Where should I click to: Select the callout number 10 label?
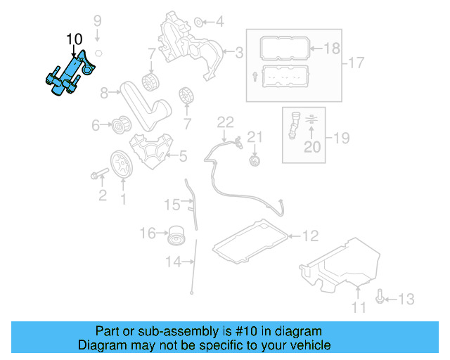point(74,39)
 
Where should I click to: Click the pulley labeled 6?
point(120,127)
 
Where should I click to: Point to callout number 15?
point(172,205)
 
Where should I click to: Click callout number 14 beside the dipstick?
point(172,263)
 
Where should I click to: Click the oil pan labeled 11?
point(337,267)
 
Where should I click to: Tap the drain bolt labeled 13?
point(380,299)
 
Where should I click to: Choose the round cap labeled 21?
point(255,162)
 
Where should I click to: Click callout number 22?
point(224,123)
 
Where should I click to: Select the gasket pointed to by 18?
point(278,49)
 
